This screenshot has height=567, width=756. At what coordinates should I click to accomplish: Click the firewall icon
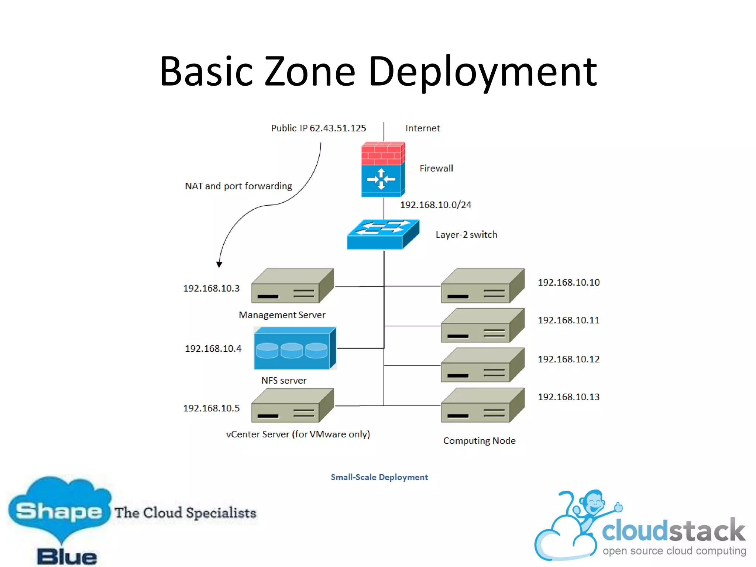(383, 169)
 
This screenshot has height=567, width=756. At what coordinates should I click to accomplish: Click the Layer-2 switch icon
(383, 235)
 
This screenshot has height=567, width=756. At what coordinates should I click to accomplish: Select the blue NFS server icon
(295, 348)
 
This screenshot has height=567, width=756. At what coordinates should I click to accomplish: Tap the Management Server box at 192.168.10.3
(292, 286)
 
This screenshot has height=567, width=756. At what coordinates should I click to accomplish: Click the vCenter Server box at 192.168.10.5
(292, 406)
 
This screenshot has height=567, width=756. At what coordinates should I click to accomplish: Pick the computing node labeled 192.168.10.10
(482, 286)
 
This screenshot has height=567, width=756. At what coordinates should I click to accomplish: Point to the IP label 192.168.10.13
(568, 397)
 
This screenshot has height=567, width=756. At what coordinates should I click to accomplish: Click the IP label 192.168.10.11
(568, 320)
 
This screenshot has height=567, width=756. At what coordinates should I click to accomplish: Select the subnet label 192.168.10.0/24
(436, 205)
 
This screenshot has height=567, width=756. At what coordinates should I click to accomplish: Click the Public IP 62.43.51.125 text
(318, 128)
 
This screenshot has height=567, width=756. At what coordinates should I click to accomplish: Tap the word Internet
(422, 128)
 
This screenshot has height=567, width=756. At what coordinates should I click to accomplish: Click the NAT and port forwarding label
(238, 186)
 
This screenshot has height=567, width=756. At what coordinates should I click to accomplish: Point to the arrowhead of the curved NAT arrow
(219, 264)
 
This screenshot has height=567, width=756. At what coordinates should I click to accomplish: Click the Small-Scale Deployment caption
(379, 477)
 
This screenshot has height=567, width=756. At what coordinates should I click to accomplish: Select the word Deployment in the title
(482, 72)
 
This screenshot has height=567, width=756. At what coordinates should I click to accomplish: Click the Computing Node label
(479, 441)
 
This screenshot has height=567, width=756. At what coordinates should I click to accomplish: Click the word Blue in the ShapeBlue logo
(67, 557)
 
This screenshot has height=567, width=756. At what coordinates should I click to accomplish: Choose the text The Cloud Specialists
(185, 513)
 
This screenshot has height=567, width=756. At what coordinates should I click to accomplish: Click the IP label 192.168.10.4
(213, 348)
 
